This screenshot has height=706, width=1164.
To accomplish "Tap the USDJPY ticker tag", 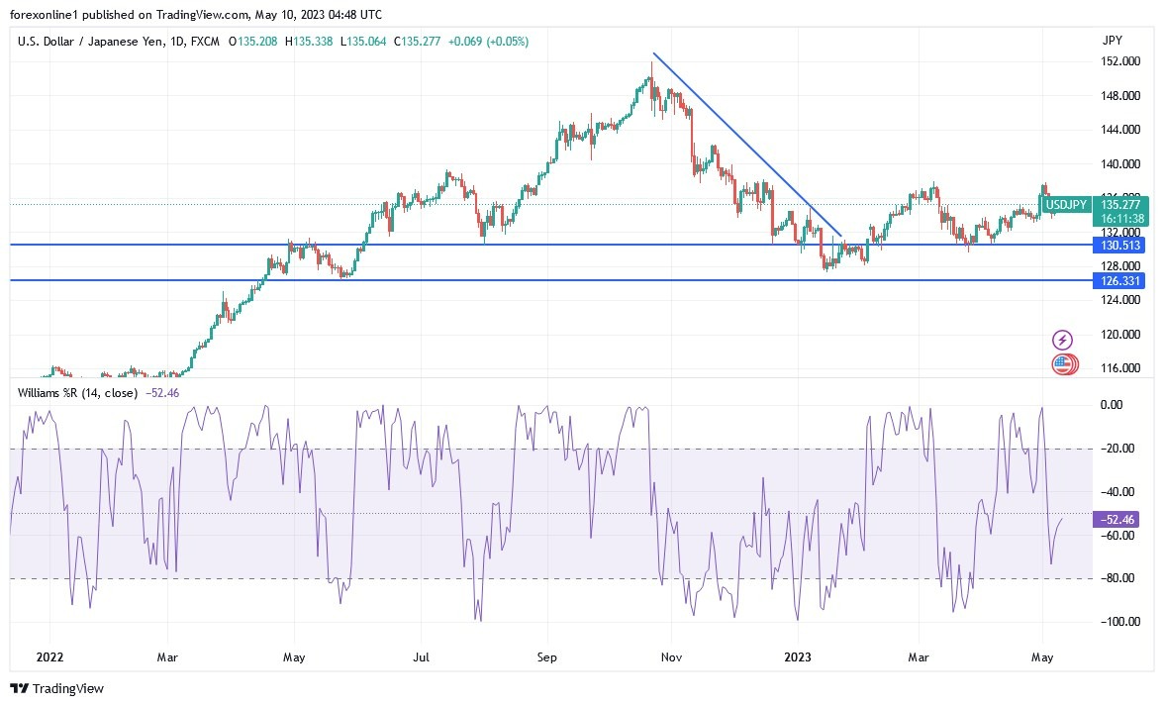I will pos(1066,205).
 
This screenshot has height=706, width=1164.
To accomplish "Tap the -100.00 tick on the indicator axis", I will pos(1118,622).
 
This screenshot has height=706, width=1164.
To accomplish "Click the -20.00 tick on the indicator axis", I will pos(1118,449).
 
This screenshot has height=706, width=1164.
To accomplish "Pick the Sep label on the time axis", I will pos(547,656).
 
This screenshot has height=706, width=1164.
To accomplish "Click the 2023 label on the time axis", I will pos(798,656).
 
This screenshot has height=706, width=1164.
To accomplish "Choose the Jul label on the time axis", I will pos(422,656).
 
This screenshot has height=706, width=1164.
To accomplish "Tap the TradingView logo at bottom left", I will pos(57,688).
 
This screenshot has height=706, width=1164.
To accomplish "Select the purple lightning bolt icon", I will pos(1061,341).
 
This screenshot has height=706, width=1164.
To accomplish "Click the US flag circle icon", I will pos(1062,364).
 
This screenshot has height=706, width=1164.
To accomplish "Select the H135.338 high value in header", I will pos(309,42).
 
